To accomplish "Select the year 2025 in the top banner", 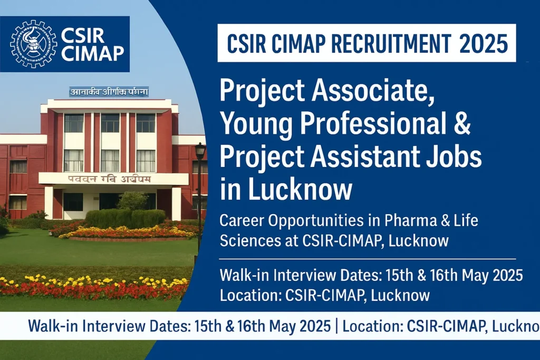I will click(484, 43).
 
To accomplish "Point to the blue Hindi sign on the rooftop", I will click(109, 92).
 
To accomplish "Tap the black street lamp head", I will click(200, 151).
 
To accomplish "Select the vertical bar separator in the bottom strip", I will click(336, 326).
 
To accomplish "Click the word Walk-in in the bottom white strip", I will click(50, 326).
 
